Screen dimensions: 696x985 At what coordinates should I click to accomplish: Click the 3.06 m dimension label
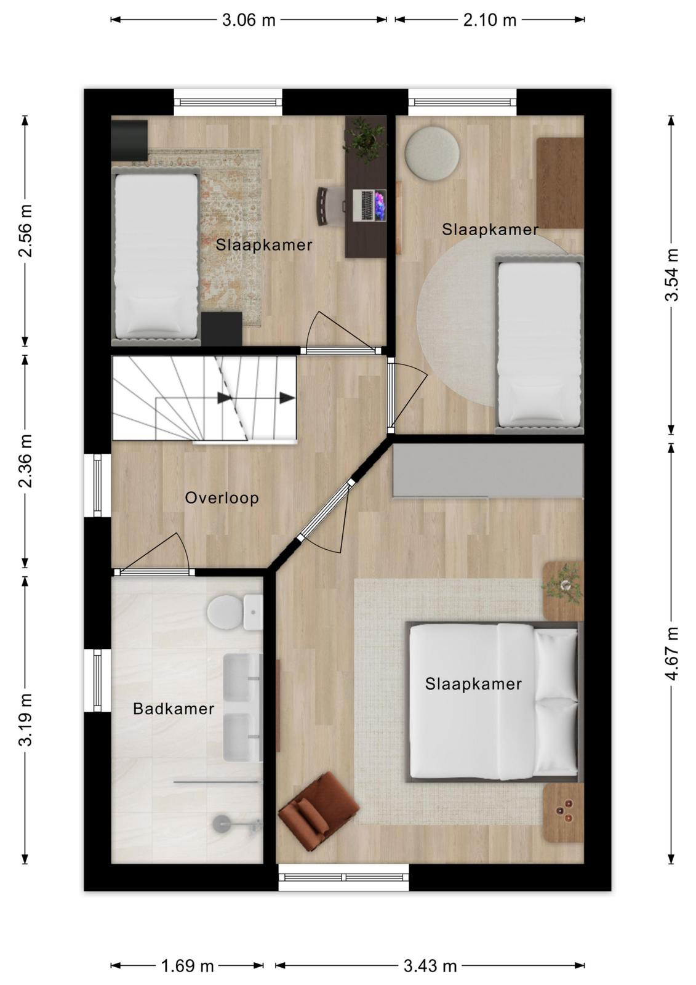[x=249, y=20]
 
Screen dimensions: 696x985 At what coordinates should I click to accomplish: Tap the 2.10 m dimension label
[x=489, y=20]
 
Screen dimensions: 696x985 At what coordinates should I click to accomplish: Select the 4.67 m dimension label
[x=671, y=653]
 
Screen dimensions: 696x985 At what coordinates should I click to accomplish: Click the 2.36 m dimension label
[x=25, y=461]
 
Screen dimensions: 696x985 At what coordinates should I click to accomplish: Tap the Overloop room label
[x=222, y=498]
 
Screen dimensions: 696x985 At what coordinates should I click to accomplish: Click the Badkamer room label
[x=174, y=709]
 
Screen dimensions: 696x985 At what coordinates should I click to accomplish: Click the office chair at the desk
[x=330, y=206]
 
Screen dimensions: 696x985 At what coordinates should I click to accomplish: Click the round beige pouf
[x=432, y=154]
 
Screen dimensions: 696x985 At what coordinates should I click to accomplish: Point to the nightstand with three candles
[x=563, y=813]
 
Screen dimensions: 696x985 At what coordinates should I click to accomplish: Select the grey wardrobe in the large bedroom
[x=488, y=470]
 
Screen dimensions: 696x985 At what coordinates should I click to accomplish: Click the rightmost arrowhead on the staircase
[x=287, y=398]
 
